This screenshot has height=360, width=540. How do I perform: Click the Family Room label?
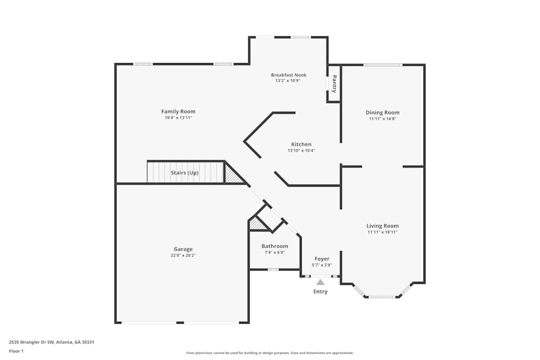click(178, 112)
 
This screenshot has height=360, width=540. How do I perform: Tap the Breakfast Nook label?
click(288, 75)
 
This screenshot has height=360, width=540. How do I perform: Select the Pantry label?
click(334, 84)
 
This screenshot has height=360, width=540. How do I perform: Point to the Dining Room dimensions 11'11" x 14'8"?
click(382, 119)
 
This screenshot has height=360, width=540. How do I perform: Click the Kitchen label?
click(301, 144)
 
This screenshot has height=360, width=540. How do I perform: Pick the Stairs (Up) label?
click(185, 173)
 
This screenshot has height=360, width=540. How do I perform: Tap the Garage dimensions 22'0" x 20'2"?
click(183, 255)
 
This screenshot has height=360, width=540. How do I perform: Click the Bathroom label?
click(275, 246)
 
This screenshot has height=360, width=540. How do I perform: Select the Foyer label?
click(322, 259)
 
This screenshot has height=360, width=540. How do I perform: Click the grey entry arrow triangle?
click(320, 282)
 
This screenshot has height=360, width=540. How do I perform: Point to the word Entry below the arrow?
click(320, 291)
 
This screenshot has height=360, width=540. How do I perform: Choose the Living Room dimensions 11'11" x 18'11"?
click(382, 232)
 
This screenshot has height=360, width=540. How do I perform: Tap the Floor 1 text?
click(16, 351)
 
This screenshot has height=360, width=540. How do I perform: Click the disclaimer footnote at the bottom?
click(270, 353)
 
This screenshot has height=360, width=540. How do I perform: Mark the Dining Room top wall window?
click(382, 65)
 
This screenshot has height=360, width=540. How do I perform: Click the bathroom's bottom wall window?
click(273, 269)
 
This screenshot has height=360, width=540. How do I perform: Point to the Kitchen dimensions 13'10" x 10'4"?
click(301, 151)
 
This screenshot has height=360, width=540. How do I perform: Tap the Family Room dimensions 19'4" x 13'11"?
click(178, 118)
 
